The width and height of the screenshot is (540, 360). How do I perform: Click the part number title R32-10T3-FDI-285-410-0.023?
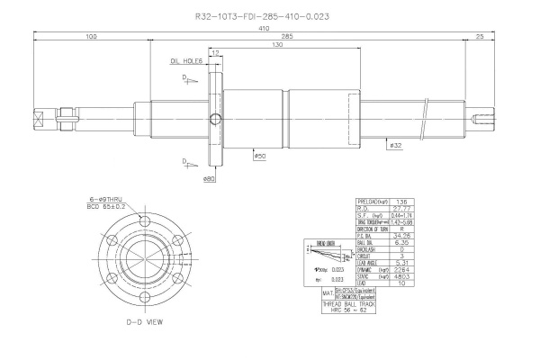click(274, 15)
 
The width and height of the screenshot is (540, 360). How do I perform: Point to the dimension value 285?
click(263, 37)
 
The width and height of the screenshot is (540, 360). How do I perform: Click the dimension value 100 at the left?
click(92, 37)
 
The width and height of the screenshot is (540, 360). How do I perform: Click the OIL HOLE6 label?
click(186, 62)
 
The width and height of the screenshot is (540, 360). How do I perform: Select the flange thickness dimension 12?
click(216, 53)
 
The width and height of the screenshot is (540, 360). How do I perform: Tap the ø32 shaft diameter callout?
click(395, 143)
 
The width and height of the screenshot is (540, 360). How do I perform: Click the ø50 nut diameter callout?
click(259, 157)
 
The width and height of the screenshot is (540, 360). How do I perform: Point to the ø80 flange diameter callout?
click(209, 178)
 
